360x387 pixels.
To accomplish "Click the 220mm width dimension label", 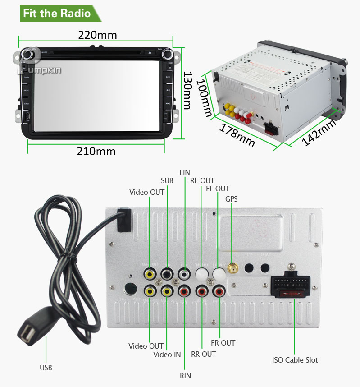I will click(x=97, y=35).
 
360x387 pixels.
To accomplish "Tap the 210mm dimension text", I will click(x=96, y=151).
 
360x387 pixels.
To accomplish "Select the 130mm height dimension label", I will click(x=187, y=90).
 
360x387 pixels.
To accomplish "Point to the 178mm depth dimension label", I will click(x=237, y=134).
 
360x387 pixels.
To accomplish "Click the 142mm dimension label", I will click(x=319, y=132).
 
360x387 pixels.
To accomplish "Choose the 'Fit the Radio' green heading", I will click(x=57, y=13).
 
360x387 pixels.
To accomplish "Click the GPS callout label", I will click(x=232, y=199).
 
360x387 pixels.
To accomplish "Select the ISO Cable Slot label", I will click(x=295, y=360).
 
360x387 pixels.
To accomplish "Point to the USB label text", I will click(x=46, y=368).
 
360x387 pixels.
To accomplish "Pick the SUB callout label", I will click(x=167, y=180).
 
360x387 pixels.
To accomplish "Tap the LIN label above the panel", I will click(x=185, y=172).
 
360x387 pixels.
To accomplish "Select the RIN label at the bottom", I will click(x=185, y=376).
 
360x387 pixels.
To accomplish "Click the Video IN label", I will click(x=167, y=355).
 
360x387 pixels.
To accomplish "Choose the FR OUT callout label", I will click(x=223, y=343).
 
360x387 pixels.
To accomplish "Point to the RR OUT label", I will click(x=203, y=354).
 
